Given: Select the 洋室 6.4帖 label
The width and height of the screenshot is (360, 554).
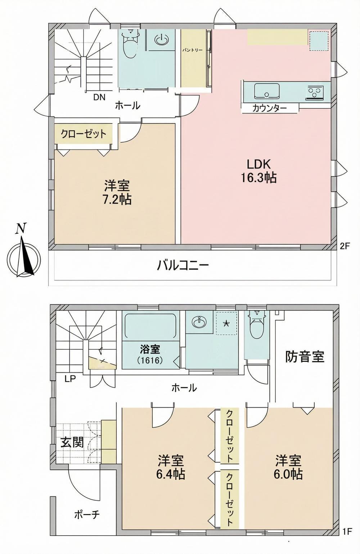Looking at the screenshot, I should click(x=171, y=467).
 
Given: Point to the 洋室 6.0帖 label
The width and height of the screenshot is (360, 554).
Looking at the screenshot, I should click(x=289, y=467).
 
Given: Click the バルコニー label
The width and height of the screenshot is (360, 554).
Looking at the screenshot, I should click(x=183, y=266).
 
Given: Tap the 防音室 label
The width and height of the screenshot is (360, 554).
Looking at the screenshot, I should click(x=305, y=357).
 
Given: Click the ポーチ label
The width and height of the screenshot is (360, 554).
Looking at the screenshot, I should click(x=87, y=514).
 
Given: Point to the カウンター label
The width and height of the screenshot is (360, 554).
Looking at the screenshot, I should click(x=270, y=108).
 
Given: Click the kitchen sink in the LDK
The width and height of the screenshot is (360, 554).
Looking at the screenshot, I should click(x=267, y=91).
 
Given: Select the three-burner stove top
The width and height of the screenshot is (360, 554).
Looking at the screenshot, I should click(x=315, y=92).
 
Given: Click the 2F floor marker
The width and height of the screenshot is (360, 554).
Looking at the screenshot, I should click(x=345, y=246).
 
